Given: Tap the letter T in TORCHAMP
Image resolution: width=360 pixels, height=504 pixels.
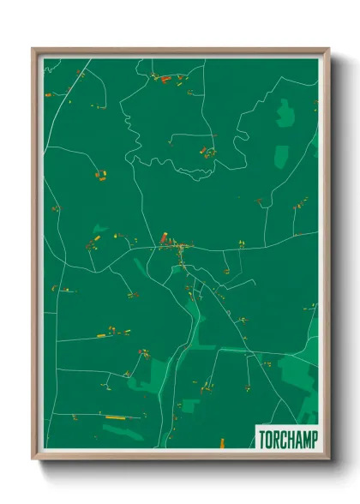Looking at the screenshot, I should pos(261,440).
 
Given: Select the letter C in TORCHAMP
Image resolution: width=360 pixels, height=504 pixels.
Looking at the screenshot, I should pos(281,440).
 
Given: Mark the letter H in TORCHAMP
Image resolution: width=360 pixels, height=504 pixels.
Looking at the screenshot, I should pos(288,440).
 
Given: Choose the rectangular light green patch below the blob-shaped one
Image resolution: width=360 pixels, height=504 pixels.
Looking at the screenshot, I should pos(280,155).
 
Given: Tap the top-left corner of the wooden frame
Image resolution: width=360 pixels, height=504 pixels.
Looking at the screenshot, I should pos(33,49).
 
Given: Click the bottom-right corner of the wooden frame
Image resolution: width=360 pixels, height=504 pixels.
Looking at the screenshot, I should pos(327,459).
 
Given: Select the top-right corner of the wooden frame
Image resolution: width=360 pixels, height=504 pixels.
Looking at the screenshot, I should pos(327,49).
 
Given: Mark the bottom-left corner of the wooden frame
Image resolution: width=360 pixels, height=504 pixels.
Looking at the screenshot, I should pos(33,459).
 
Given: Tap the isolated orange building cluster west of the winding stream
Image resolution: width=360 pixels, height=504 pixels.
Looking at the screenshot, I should pos(99,176).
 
